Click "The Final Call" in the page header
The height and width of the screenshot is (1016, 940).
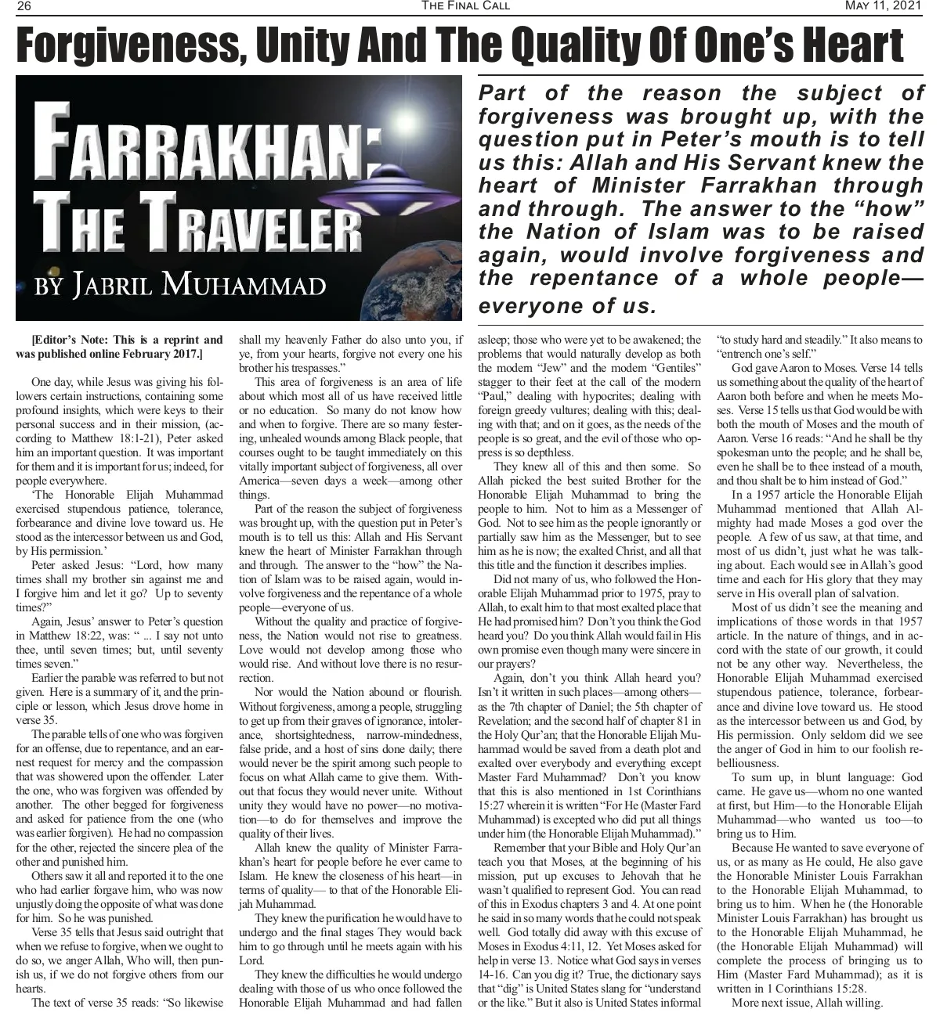pyautogui.click(x=465, y=7)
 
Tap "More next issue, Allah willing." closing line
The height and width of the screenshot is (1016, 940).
pyautogui.click(x=807, y=1003)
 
